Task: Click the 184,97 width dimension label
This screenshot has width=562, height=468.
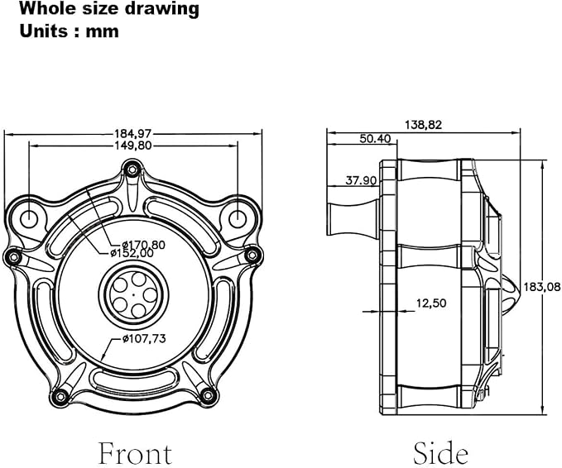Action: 133,134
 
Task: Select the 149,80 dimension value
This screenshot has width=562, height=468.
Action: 133,146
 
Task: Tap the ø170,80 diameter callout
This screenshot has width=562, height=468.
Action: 143,245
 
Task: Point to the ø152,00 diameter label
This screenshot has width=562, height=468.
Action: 132,253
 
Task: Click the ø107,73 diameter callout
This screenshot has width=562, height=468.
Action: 144,338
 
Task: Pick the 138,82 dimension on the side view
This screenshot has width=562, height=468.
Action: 423,125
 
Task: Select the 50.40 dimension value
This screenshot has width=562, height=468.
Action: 375,139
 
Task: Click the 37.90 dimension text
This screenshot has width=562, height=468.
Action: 361,180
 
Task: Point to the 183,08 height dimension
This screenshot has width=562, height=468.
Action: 542,287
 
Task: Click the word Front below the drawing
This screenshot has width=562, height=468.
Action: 135,453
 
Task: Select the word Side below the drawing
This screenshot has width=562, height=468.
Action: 440,453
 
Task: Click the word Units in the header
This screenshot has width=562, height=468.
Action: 43,31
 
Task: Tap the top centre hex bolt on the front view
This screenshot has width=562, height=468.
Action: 132,169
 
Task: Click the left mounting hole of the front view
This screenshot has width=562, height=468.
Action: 28,217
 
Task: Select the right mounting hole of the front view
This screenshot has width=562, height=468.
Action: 238,217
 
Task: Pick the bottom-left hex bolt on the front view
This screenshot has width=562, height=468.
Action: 60,396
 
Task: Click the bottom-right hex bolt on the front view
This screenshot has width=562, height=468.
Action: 208,395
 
